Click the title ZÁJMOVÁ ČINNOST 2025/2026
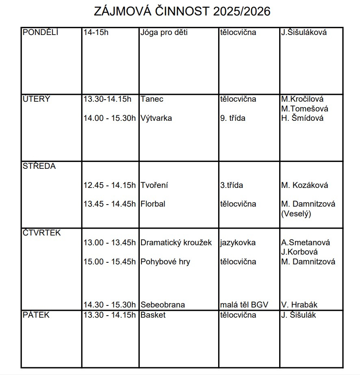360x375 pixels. tap(182, 11)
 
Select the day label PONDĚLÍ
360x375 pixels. tap(41, 33)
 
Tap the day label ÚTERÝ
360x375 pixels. tap(37, 99)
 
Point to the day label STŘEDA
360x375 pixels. tap(39, 166)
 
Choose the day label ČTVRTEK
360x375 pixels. tap(42, 233)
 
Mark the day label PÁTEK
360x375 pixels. tap(36, 315)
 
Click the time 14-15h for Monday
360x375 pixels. tap(96, 33)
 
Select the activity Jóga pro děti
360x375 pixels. tap(164, 33)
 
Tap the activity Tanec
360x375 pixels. tap(152, 99)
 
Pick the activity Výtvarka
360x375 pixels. tap(156, 118)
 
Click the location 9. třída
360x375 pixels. tap(232, 118)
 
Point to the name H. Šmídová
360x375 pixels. tap(302, 118)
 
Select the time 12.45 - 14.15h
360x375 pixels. tap(110, 185)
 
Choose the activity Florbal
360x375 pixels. tap(153, 204)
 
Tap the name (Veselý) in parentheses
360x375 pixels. tap(296, 214)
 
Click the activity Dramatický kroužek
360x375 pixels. tap(176, 243)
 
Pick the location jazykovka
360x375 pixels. tap(238, 243)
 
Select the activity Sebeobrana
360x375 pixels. tap(163, 305)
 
